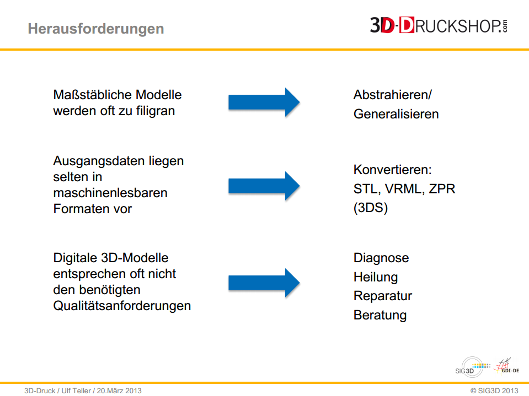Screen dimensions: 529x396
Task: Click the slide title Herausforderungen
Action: [96, 29]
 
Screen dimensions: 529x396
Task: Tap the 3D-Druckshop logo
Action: [439, 25]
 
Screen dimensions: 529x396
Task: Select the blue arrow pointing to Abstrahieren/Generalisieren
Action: [264, 102]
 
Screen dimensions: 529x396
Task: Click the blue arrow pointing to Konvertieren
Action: [264, 186]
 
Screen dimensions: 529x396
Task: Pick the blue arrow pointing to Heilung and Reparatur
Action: [264, 283]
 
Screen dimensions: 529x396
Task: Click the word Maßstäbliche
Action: [93, 95]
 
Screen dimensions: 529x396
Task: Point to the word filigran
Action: [156, 111]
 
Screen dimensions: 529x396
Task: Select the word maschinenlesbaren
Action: [110, 193]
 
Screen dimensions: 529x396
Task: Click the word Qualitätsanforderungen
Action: [122, 306]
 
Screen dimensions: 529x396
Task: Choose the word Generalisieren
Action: [396, 114]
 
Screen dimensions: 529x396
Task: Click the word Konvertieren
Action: [392, 170]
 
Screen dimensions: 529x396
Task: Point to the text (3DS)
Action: [371, 208]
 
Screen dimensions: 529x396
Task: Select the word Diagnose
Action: [381, 258]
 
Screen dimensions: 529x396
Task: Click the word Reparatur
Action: [383, 296]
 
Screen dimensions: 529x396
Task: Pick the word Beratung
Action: [380, 316]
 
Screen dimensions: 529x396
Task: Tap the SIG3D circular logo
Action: [472, 367]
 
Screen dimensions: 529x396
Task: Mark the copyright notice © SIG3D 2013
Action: [494, 390]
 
